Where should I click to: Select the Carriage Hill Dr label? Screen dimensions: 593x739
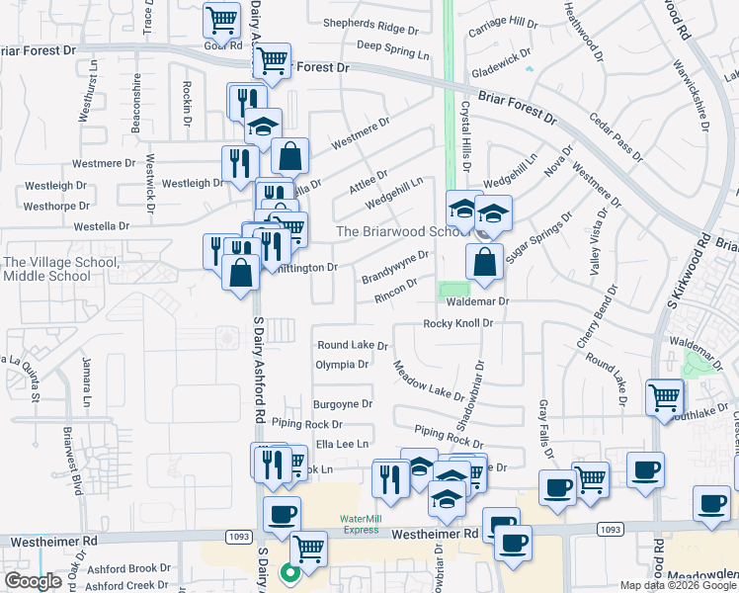(x=503, y=22)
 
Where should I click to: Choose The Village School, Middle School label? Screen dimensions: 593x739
(x=62, y=269)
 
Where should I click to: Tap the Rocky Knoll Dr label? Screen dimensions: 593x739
(x=457, y=323)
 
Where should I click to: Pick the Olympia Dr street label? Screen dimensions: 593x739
(x=342, y=364)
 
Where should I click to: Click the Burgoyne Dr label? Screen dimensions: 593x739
(x=342, y=404)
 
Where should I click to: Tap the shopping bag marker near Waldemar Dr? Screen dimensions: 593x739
(x=484, y=263)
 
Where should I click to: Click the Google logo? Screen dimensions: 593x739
(x=33, y=581)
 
